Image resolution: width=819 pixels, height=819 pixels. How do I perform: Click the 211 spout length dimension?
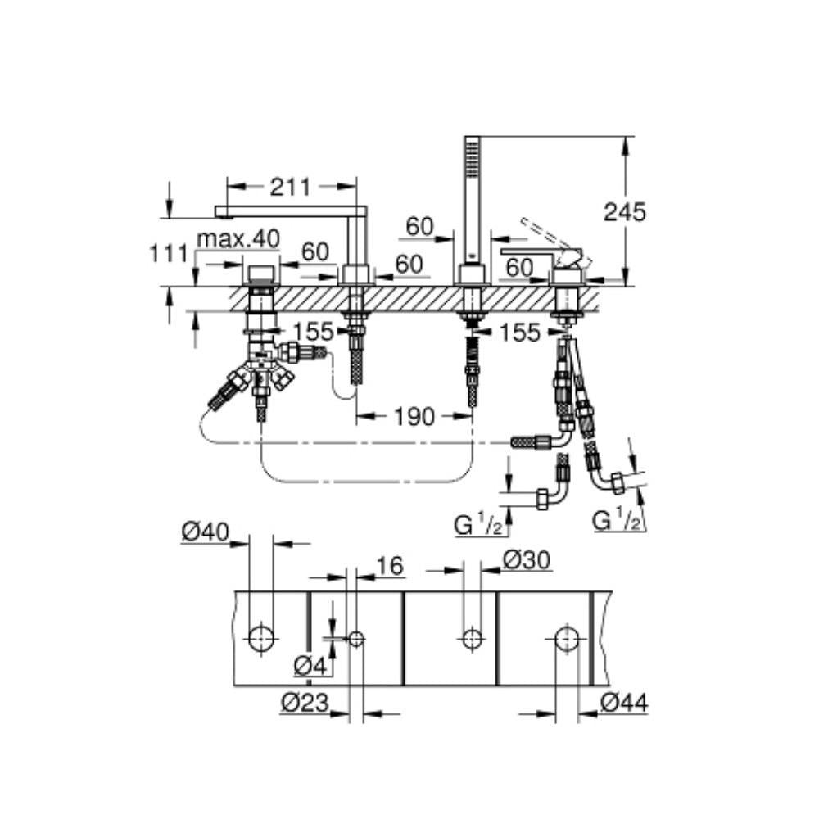(x=290, y=187)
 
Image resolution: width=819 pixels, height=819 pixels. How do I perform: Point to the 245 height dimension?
(x=624, y=212)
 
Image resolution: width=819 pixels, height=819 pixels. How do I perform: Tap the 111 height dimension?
(x=168, y=254)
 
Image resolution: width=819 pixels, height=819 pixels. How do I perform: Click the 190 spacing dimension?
(x=414, y=416)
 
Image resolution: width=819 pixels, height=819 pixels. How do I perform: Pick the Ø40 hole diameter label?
(x=206, y=532)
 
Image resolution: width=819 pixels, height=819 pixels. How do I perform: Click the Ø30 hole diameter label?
(x=527, y=560)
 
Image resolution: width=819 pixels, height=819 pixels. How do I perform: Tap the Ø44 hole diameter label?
(x=624, y=703)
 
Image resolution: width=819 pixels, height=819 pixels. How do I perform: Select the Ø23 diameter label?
(x=305, y=703)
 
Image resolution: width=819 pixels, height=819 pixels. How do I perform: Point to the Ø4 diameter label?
(x=310, y=666)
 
